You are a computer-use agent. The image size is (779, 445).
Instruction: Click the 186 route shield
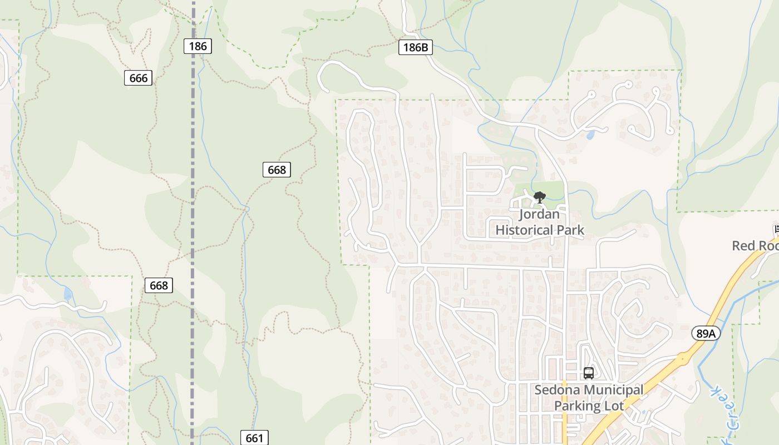tap(198, 46)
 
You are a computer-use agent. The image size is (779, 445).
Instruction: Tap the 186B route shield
tap(416, 47)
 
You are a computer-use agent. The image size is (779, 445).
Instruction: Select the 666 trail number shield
tap(138, 78)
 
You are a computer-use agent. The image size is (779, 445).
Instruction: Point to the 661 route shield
tap(254, 438)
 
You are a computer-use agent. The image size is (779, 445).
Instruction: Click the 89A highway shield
tap(706, 333)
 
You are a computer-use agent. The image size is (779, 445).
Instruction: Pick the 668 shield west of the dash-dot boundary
tap(159, 285)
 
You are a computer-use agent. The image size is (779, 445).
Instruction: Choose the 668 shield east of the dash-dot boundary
tap(277, 170)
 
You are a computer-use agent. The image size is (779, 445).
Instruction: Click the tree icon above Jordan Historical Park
tap(539, 197)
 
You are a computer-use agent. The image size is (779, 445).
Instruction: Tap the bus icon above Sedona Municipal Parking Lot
tap(589, 373)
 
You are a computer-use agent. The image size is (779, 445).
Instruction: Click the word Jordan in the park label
tap(539, 214)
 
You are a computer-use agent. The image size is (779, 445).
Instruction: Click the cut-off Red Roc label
tap(755, 245)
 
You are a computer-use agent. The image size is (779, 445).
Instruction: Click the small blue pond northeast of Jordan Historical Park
tap(590, 135)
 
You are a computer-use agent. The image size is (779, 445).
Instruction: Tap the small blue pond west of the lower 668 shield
tap(68, 294)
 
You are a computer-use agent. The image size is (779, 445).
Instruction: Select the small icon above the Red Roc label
tap(776, 229)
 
